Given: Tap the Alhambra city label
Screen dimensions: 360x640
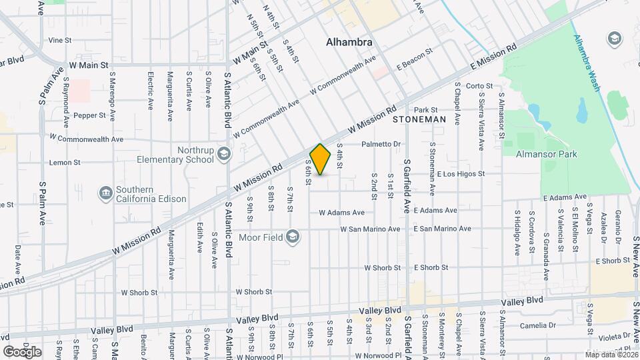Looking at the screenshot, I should point(349,43).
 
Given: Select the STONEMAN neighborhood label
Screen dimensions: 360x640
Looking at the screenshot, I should point(419,119).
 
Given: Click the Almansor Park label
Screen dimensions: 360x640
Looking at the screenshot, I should point(547,155).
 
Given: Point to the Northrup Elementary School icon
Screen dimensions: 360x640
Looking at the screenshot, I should point(225,155).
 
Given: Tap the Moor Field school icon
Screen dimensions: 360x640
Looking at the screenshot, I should point(292,236).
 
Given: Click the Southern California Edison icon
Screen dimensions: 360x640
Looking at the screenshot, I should point(105,193).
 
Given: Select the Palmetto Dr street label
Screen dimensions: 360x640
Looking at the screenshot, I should point(381,144).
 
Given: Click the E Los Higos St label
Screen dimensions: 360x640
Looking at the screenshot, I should point(460,174).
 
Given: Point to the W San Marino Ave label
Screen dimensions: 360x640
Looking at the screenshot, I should point(370,229).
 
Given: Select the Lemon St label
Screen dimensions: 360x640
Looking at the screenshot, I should point(65,162).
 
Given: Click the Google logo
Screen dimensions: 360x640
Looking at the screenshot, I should point(22,352).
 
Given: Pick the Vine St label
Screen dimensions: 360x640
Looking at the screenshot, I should point(59,41).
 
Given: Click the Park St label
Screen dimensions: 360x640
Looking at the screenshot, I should point(425,110).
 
